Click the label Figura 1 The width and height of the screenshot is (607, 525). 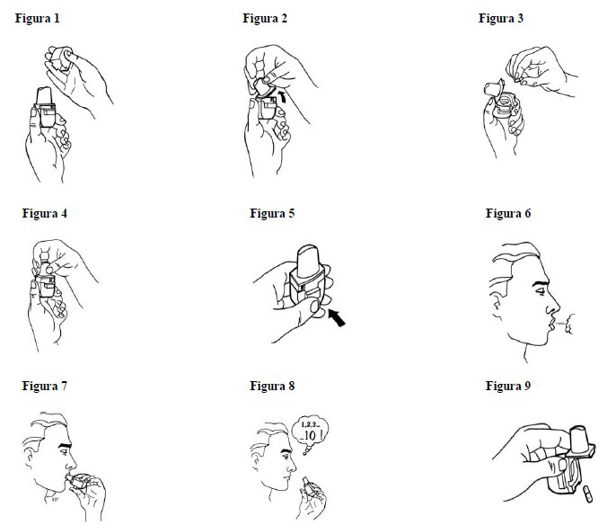pos(37,19)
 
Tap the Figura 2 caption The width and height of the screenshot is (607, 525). pos(265,19)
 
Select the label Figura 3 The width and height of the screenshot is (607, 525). pos(500,19)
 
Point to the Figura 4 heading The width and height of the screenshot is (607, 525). pos(45,213)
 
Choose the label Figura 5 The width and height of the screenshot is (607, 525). pos(272,213)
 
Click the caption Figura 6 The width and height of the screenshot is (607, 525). pos(508,213)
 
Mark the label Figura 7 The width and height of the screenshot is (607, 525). pos(45,386)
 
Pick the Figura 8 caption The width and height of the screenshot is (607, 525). pos(272,386)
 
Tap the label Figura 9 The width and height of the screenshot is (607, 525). pos(508,386)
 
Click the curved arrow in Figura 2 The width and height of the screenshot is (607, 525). pos(284,95)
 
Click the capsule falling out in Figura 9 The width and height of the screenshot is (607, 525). pos(588,494)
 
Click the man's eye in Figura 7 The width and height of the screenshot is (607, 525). pos(63,450)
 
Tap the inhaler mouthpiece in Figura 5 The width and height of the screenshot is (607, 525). pos(308,261)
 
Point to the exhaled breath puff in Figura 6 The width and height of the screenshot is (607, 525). pos(568,324)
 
